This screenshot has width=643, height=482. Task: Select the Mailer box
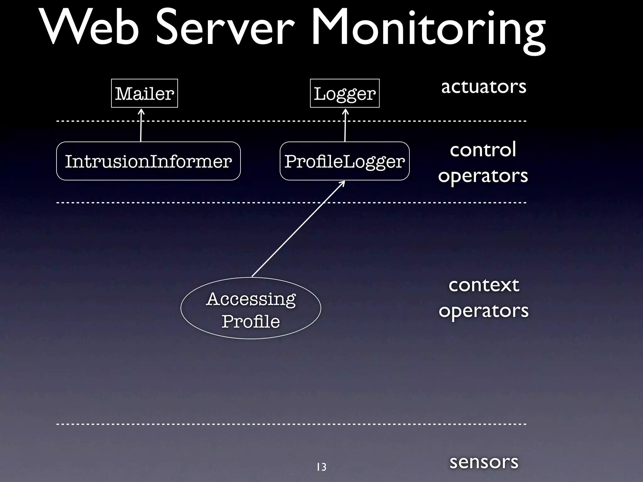(144, 93)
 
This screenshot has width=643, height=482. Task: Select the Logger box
(345, 93)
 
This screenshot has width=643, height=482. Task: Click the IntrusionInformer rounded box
(148, 161)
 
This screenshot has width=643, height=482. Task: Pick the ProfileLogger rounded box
(344, 161)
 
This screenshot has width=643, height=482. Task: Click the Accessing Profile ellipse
(251, 308)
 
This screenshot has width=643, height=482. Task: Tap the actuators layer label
(484, 87)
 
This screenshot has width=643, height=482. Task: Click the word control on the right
(483, 150)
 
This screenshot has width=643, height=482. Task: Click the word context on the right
(484, 285)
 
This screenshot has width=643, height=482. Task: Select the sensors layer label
(484, 462)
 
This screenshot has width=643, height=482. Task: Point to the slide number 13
(321, 467)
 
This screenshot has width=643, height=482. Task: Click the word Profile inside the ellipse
(251, 322)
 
